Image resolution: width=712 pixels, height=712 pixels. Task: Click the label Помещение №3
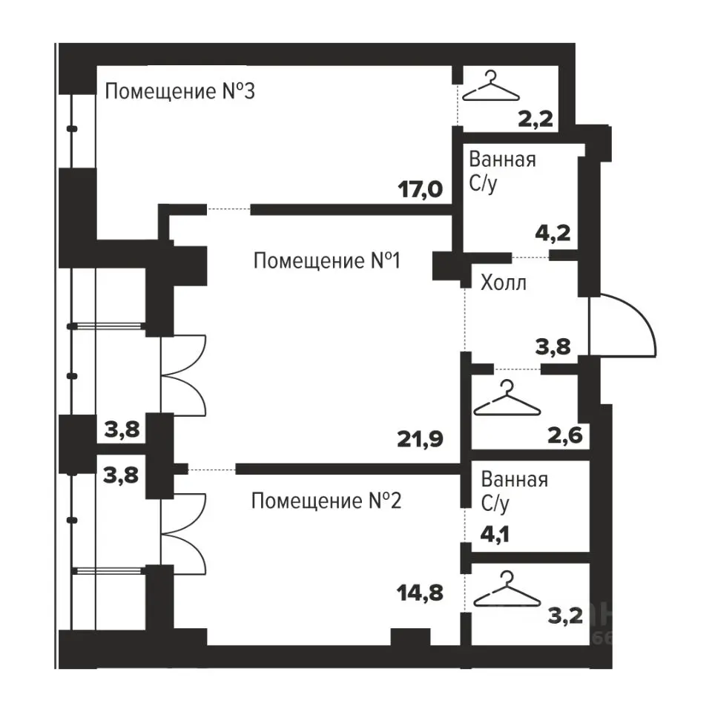[180, 93]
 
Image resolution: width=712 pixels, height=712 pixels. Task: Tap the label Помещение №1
[327, 261]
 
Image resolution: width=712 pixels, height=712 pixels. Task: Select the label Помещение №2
[326, 501]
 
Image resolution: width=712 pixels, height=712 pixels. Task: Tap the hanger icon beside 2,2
[491, 87]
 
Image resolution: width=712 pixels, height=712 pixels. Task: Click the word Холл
[504, 283]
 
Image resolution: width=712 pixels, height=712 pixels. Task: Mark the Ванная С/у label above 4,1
[514, 491]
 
